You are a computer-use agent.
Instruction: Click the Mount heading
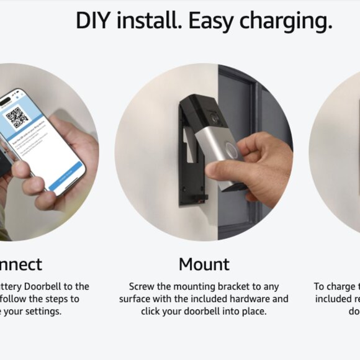pos(204,264)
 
